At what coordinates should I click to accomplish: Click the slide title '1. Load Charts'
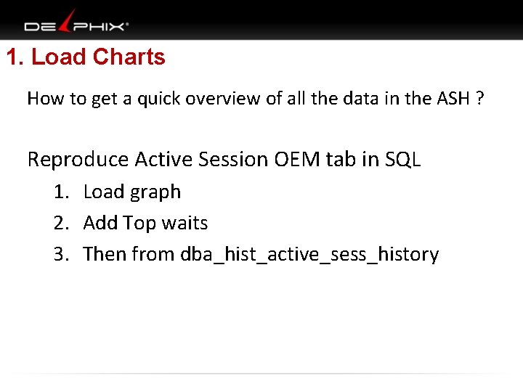pos(86,57)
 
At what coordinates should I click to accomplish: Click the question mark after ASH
pos(479,99)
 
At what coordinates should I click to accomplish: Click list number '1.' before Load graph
pos(61,192)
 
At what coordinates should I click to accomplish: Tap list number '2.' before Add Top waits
pos(61,224)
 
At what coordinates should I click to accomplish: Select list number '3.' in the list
pos(61,255)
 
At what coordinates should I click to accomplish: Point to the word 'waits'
pos(185,224)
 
